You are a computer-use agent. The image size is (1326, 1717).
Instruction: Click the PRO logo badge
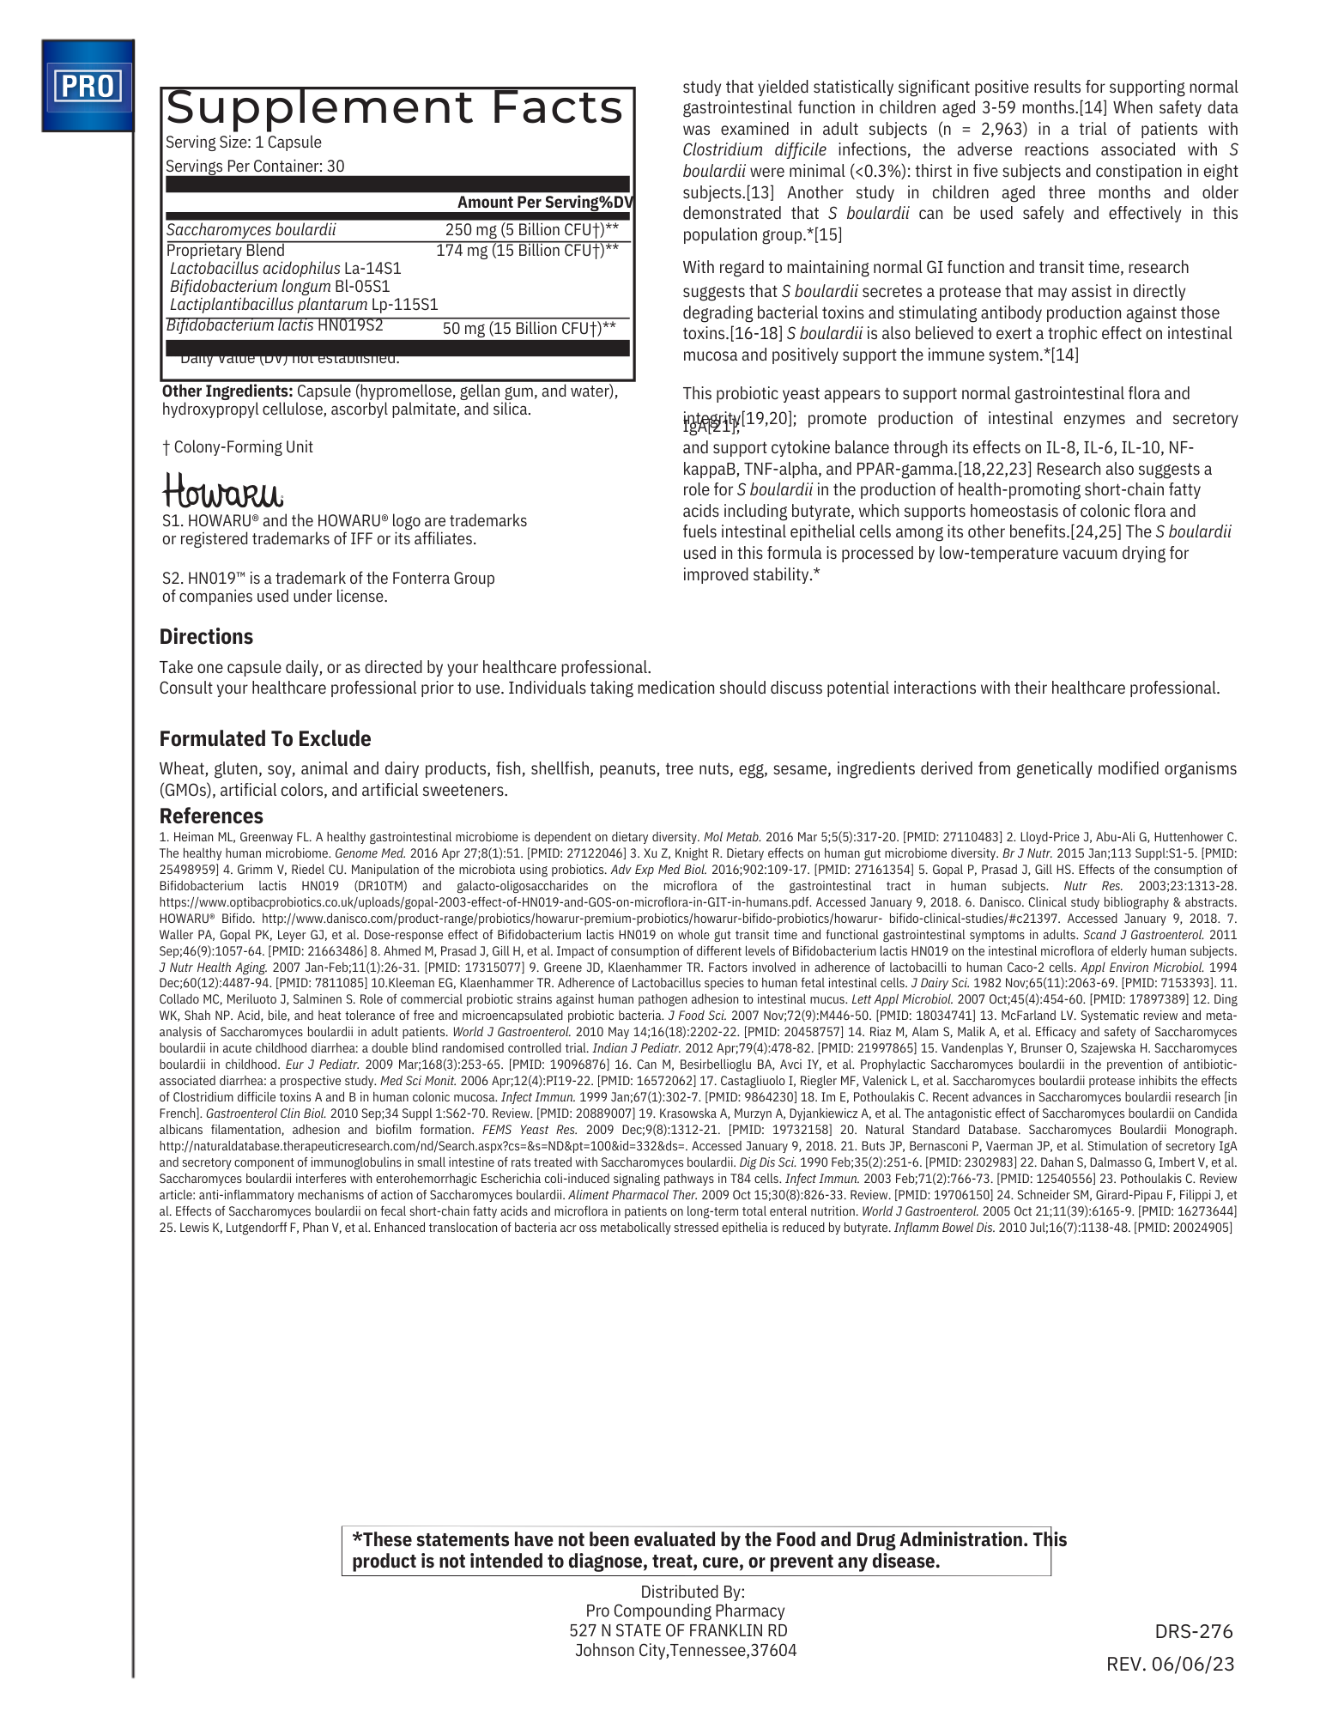coord(88,86)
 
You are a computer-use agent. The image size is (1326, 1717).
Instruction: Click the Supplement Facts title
coord(395,108)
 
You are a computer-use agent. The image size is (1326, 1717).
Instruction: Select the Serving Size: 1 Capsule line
coord(244,143)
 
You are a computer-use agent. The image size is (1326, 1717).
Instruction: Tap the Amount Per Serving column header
coord(545,202)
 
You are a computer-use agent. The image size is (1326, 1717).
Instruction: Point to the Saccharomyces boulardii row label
coord(251,229)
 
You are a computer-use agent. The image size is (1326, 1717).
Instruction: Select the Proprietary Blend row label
coord(226,250)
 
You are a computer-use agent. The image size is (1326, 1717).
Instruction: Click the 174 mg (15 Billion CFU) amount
coord(527,250)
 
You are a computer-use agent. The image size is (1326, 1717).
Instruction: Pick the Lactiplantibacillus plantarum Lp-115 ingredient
coord(304,304)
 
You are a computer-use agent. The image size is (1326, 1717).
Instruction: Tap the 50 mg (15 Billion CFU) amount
coord(529,328)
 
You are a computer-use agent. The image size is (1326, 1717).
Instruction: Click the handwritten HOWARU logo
coord(222,490)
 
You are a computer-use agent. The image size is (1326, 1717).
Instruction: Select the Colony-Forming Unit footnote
coord(238,446)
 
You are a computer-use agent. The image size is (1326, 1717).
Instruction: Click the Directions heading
coord(206,636)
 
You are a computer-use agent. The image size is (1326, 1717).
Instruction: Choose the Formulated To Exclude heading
coord(265,738)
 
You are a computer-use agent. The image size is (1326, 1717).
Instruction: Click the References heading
coord(211,816)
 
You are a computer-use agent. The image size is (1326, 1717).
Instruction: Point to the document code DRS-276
coord(1193,1631)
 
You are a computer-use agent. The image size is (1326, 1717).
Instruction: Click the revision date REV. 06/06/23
coord(1170,1664)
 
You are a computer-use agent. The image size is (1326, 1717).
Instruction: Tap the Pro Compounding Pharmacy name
coord(685,1611)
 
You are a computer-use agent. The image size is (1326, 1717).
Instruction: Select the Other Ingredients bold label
coord(227,391)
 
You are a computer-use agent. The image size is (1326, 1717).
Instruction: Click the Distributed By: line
coord(693,1591)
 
